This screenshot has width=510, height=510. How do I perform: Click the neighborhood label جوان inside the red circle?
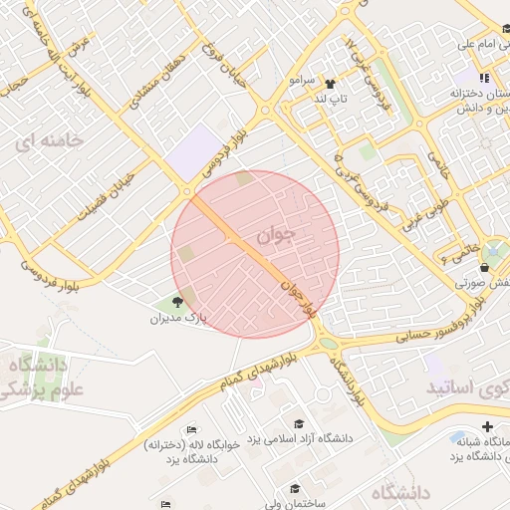[x=277, y=235]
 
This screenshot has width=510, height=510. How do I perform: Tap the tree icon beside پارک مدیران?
[x=178, y=302]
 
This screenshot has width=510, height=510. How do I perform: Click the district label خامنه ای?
[x=47, y=141]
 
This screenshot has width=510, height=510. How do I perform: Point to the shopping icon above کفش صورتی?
[x=484, y=267]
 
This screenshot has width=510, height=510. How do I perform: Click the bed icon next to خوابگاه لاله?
[x=190, y=429]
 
